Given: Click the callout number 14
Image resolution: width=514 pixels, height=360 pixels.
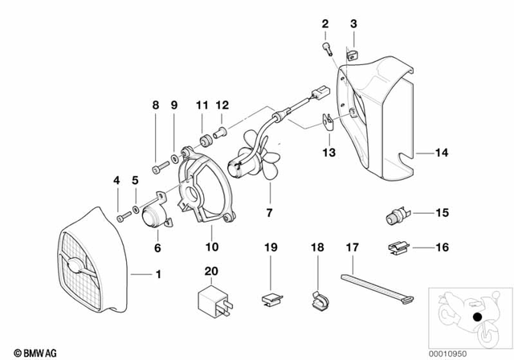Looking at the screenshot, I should pos(443,152).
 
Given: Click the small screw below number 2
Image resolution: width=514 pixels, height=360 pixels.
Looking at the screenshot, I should pos(327,50).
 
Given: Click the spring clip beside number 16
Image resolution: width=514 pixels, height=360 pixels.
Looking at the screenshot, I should pos(397,248).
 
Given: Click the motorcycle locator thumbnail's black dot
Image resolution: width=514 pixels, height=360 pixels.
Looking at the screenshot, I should pos(477,318).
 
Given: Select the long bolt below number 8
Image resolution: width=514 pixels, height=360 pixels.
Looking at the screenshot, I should pos(157,166).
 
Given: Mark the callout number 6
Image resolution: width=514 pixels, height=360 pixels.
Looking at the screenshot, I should pos(157,248).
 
